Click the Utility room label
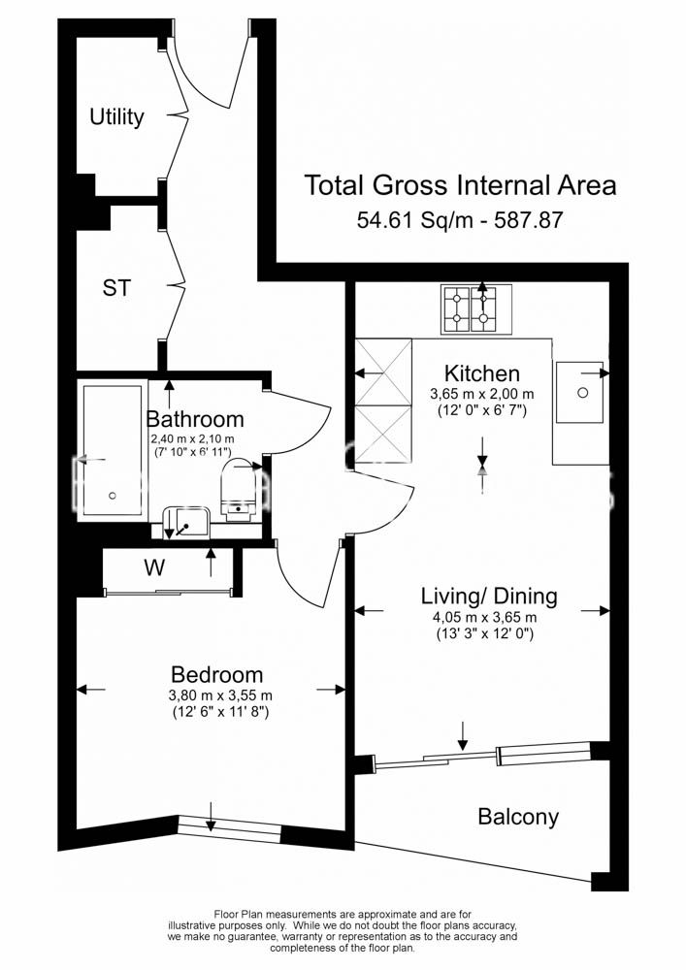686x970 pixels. click(116, 117)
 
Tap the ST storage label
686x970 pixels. click(116, 288)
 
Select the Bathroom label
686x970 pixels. click(195, 419)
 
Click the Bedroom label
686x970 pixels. click(217, 674)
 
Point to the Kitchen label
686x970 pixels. click(482, 373)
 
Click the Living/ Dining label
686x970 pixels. click(489, 597)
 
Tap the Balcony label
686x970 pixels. click(518, 817)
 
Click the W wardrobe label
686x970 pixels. click(154, 566)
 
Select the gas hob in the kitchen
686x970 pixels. click(476, 308)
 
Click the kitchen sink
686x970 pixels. click(579, 392)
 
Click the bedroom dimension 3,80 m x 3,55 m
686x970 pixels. click(220, 695)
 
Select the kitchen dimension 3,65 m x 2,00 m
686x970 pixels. click(482, 394)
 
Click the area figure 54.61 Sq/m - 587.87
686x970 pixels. click(460, 220)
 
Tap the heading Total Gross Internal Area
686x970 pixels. click(461, 185)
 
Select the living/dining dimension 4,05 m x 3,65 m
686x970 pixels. click(485, 617)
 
